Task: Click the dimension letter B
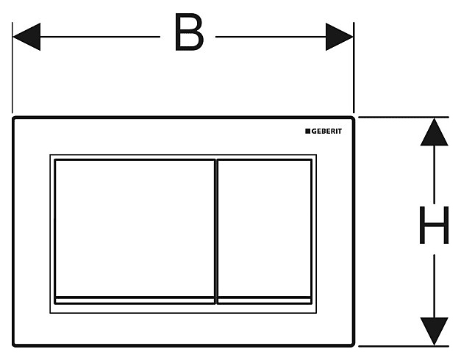pos(188,35)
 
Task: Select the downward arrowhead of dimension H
pos(434,331)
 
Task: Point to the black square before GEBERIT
pos(307,131)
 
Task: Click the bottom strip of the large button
pos(135,300)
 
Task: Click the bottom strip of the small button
pos(265,300)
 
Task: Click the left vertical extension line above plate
pos(12,73)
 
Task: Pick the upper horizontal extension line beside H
pos(404,117)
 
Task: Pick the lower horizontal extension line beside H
pos(404,346)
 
